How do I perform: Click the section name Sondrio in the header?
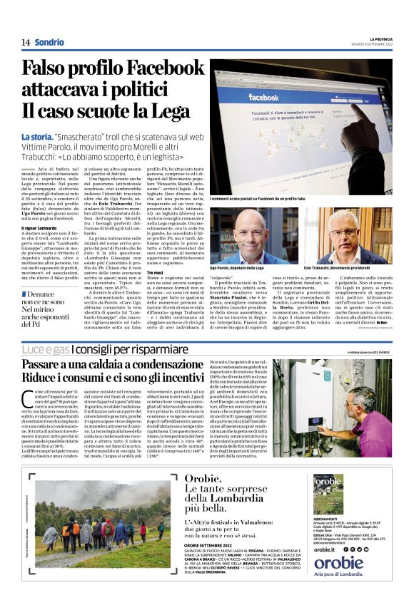(x=49, y=43)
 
